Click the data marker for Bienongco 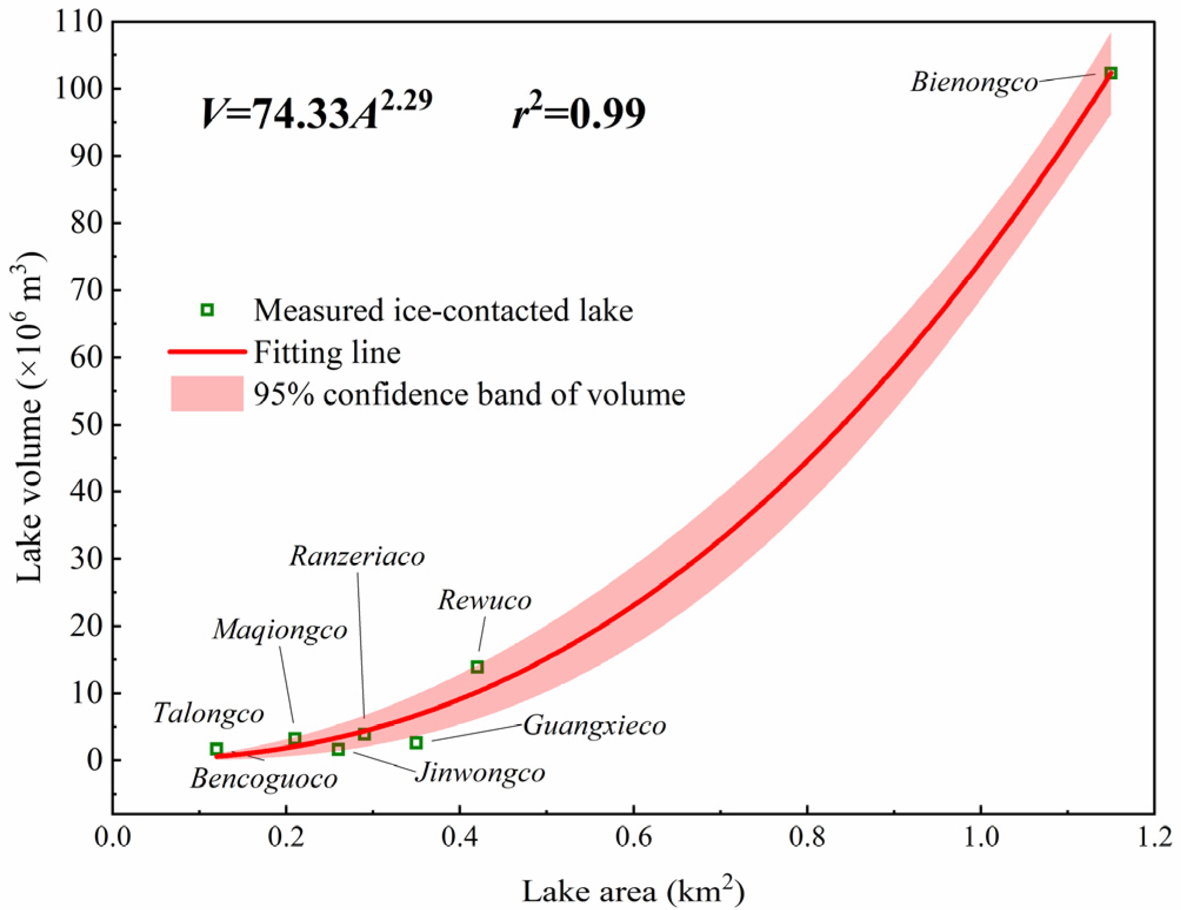pos(1110,73)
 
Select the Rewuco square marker pos(477,666)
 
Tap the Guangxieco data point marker pos(416,742)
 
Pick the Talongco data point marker pos(216,748)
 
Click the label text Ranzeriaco pos(357,556)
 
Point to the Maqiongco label pos(280,630)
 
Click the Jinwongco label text pos(480,773)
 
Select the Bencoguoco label pos(263,779)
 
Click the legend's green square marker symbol pos(207,309)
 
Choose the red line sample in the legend pos(207,352)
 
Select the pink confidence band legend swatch pos(207,393)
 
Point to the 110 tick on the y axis pos(79,22)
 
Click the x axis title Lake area pos(633,891)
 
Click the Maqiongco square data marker pos(295,738)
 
